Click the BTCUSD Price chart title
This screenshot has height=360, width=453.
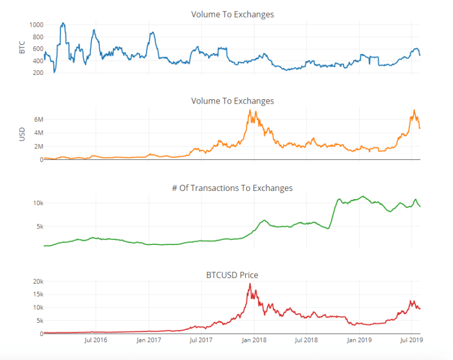(232, 275)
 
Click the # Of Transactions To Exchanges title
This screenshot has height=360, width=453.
(232, 188)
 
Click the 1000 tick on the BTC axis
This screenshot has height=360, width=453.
(35, 25)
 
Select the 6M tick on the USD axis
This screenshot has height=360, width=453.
(35, 119)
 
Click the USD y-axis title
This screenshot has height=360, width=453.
(22, 134)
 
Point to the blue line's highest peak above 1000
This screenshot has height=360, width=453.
(63, 23)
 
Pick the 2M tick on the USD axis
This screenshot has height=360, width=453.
(35, 146)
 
